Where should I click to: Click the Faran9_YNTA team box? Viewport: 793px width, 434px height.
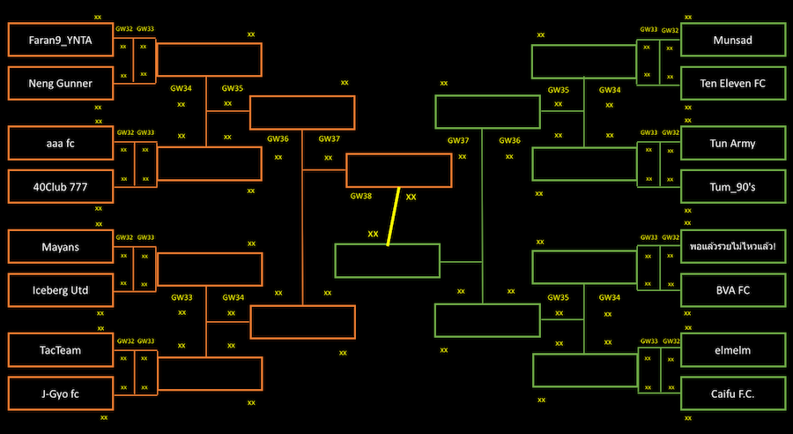(61, 40)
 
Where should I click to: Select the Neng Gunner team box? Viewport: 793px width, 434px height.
(61, 83)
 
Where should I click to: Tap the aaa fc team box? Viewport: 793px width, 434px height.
(61, 143)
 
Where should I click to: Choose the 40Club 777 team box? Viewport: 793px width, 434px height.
(61, 186)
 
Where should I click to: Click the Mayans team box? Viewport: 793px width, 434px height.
(61, 247)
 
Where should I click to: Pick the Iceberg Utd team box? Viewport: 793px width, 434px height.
(61, 289)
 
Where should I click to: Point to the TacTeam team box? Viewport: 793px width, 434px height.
(61, 350)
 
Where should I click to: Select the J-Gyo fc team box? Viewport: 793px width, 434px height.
(61, 393)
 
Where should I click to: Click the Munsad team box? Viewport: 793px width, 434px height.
(733, 40)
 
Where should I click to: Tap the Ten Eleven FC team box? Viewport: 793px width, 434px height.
(733, 83)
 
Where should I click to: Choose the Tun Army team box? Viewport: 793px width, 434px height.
(733, 143)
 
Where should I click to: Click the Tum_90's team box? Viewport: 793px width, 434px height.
(733, 186)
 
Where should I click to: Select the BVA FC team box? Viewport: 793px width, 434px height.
(733, 289)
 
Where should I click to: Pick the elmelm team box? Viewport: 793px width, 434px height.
(733, 350)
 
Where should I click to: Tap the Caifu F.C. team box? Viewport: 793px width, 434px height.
(733, 393)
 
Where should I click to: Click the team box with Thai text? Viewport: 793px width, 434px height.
(733, 247)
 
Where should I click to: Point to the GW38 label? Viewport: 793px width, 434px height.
(361, 196)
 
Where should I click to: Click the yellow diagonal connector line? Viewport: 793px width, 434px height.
(393, 216)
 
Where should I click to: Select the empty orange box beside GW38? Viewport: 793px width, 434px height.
(398, 170)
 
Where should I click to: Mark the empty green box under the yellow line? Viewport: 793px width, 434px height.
(387, 261)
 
